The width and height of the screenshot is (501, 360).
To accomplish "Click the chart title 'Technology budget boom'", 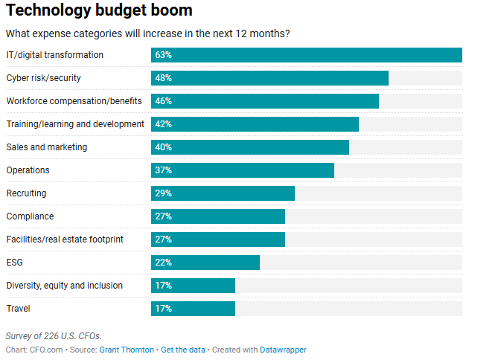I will coord(99,11).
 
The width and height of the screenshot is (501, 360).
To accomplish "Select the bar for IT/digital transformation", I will coord(306,55).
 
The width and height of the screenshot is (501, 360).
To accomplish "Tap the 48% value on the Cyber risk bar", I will coord(164,78).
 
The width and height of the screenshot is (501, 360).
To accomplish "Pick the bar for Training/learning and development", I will coord(255,124).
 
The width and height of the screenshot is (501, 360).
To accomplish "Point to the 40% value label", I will coord(164,147).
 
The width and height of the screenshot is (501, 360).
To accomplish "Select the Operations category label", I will coord(28,170).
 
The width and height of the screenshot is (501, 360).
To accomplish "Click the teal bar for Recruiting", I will coord(223,193).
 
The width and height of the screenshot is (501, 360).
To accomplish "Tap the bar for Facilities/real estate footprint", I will coord(218,240).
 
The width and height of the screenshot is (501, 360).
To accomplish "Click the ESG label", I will coord(15,263).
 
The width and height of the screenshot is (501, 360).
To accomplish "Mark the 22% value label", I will coord(164,263).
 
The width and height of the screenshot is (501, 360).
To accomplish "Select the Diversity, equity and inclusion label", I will coord(64,286).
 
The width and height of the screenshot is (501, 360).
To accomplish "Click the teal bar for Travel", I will coord(193,309).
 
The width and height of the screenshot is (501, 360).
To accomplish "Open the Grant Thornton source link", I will coord(127,350).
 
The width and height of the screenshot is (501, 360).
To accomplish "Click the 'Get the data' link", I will coord(183,350).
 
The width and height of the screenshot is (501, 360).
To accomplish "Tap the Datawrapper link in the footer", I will coord(283,350).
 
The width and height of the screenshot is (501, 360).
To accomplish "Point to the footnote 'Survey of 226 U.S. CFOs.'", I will coord(54,336).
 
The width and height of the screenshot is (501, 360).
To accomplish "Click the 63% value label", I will coord(164,55).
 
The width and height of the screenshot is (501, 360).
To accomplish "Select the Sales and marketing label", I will coord(47,147).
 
